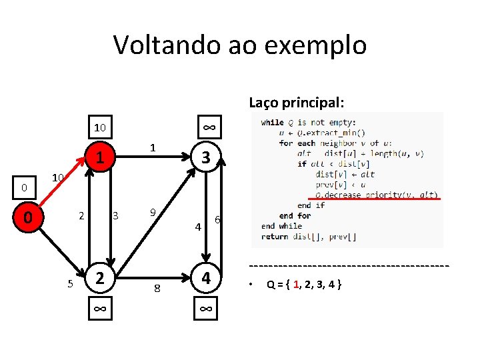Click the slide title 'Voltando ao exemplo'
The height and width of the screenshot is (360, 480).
(x=240, y=45)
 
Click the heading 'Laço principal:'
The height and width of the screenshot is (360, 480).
(x=297, y=103)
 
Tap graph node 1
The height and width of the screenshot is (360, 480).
(x=99, y=157)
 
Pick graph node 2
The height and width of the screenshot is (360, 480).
(x=99, y=277)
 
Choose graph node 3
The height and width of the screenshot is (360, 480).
(x=206, y=157)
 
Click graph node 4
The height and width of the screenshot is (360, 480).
(x=206, y=277)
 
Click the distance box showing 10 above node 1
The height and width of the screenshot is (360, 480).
(x=99, y=127)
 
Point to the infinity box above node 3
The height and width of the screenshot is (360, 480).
(x=208, y=127)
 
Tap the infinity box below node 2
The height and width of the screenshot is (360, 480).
(x=99, y=309)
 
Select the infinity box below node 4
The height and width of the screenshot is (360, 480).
(x=206, y=309)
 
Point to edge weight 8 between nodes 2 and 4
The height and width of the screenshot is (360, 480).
(x=157, y=288)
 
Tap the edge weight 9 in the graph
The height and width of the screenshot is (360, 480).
(x=153, y=213)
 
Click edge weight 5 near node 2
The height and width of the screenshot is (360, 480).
(x=71, y=284)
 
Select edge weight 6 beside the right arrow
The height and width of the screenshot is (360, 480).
(x=217, y=220)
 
